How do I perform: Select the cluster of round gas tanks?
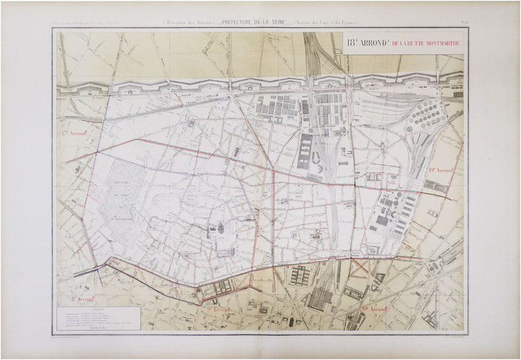coord(427,119)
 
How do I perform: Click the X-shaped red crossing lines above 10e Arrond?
coord(360,266)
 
